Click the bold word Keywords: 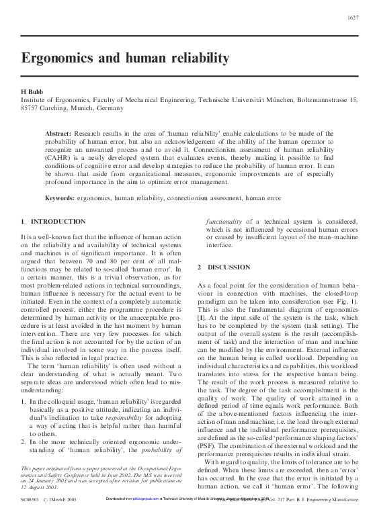63,198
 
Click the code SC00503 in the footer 30,501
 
